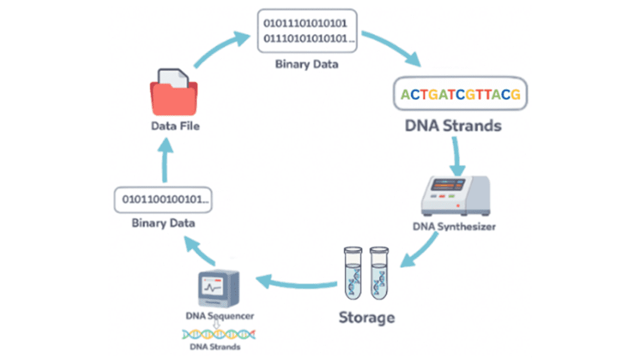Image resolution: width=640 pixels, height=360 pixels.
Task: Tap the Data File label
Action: (175, 126)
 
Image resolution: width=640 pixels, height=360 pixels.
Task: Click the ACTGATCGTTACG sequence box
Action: (460, 95)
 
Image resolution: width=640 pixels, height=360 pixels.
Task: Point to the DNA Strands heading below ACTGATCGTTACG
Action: (453, 126)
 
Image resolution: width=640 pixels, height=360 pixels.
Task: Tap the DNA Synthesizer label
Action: (455, 226)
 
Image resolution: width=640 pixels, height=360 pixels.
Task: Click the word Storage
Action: (367, 317)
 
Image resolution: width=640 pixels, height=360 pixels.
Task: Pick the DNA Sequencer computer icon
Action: (219, 289)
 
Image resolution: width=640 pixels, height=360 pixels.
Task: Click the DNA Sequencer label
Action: (219, 316)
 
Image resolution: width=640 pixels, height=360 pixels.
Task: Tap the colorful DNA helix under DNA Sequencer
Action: (220, 333)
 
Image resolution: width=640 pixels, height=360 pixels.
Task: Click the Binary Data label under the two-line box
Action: (306, 64)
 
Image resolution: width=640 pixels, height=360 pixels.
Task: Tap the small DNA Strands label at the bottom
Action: (215, 347)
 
